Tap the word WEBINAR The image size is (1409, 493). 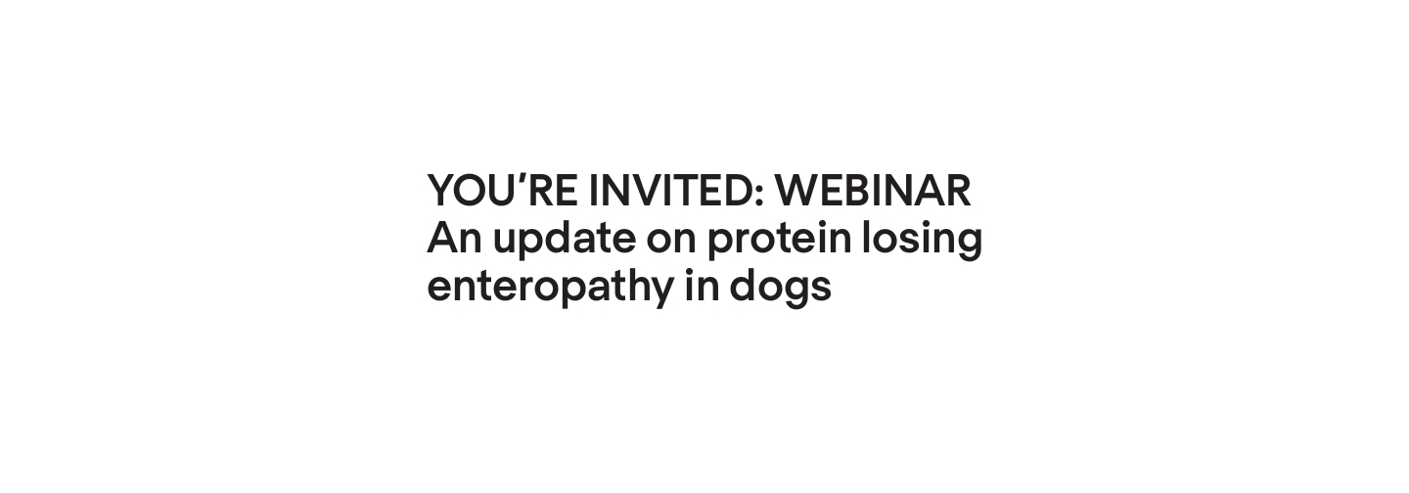(x=873, y=191)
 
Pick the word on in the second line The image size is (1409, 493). (x=670, y=239)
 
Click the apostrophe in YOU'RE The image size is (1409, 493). (x=520, y=179)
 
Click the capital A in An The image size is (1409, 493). (x=442, y=239)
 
